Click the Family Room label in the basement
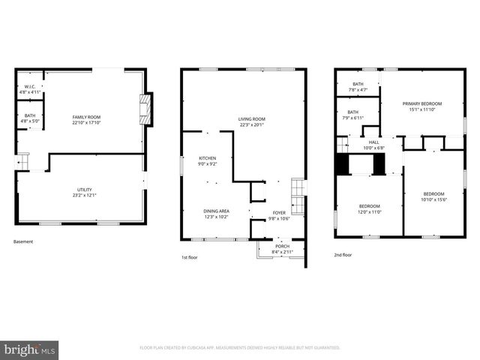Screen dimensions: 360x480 point(86,117)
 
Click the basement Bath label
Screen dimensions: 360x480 point(30,115)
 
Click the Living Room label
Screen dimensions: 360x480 point(252,119)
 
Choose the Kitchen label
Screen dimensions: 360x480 point(207,158)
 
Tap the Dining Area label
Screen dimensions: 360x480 point(216,211)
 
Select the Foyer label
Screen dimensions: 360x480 point(279,212)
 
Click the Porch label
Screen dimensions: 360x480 point(282,246)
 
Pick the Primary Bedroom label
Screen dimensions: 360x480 point(421,103)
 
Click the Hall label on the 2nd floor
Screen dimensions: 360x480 point(373,142)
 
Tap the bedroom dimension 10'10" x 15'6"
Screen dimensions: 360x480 point(433,199)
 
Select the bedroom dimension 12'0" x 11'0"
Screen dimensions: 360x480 point(369,212)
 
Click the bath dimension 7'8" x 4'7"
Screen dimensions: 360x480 point(358,90)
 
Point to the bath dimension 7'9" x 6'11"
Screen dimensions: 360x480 point(352,118)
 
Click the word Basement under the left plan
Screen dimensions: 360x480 point(23,241)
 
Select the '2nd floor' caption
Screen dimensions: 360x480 point(343,255)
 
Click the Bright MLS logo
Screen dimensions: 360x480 point(30,349)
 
